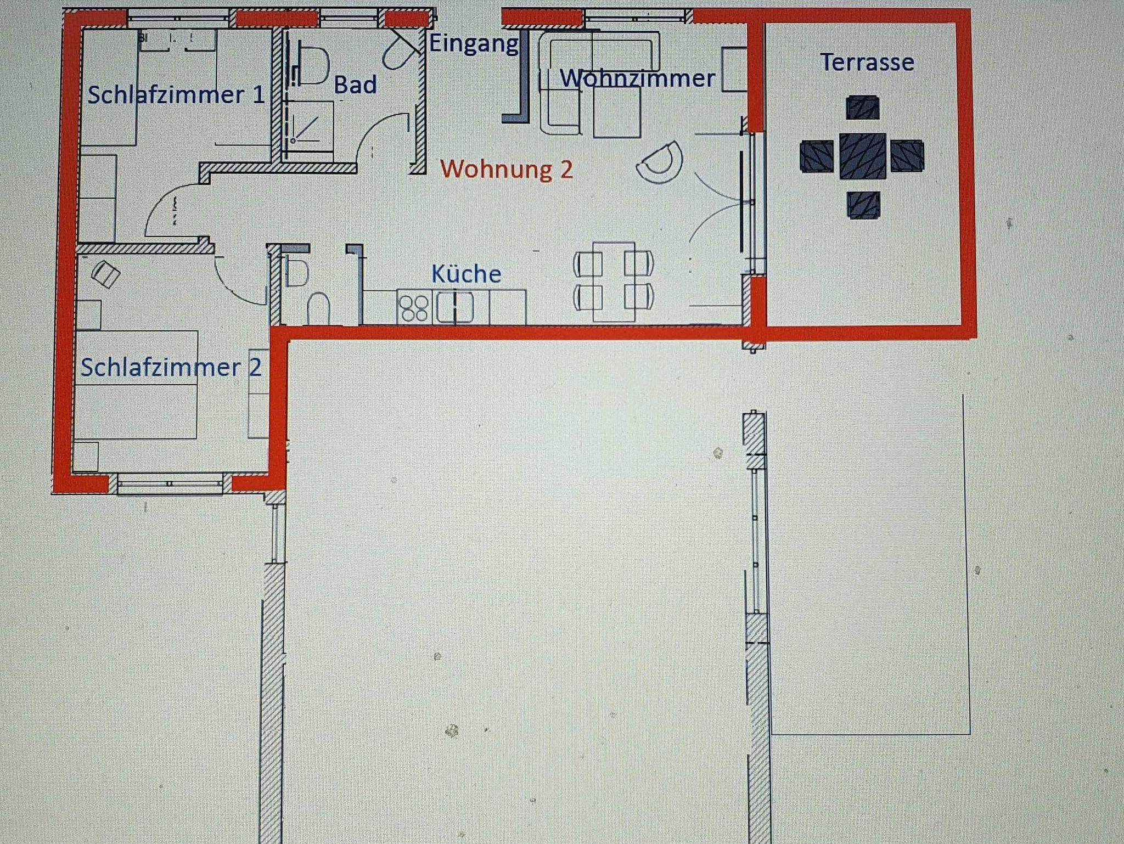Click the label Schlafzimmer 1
click(x=176, y=94)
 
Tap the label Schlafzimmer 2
click(x=171, y=367)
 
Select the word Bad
click(x=355, y=85)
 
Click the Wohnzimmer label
click(x=637, y=78)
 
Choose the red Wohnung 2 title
click(x=507, y=169)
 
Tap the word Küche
click(x=466, y=274)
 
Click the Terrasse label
click(x=867, y=62)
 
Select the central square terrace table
click(x=862, y=156)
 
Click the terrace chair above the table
click(x=863, y=108)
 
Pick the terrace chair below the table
click(x=864, y=205)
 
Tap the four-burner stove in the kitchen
click(x=414, y=308)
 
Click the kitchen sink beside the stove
click(x=454, y=308)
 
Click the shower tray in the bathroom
click(x=311, y=126)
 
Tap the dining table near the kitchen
click(x=614, y=282)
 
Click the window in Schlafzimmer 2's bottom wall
click(x=170, y=484)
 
